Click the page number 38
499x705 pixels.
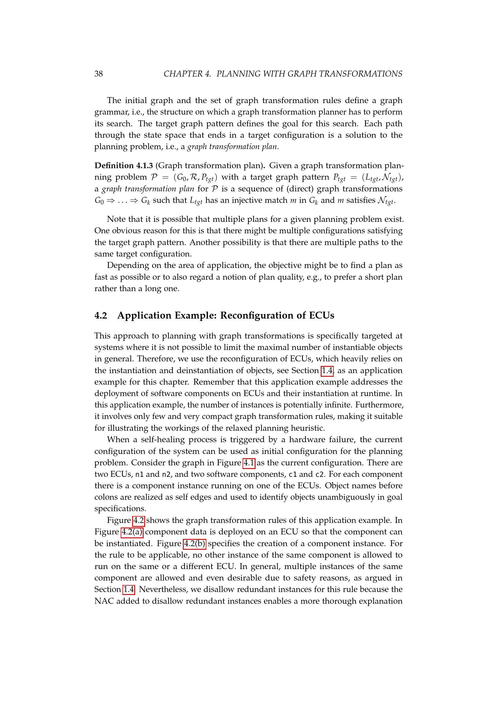pos(99,74)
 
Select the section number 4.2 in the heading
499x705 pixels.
pos(101,315)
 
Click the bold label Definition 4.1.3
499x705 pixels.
pos(123,165)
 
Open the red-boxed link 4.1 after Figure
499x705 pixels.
pos(249,462)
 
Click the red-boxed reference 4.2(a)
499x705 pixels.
pos(132,531)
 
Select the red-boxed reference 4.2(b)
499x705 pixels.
pos(195,543)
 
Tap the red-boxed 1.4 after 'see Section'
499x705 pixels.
pos(327,370)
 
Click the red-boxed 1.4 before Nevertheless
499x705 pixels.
pos(129,589)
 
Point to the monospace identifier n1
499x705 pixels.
pos(139,474)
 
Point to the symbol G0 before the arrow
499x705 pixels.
pos(99,201)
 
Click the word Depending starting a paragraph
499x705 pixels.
pos(128,265)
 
